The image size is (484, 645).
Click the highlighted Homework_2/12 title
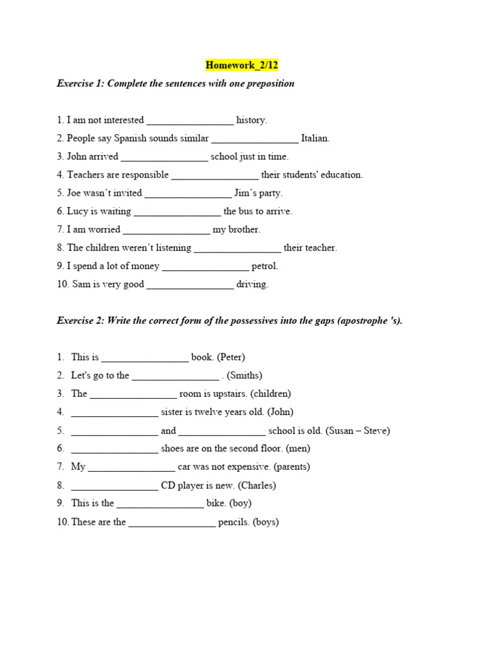tap(241, 65)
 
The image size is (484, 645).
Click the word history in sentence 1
tap(251, 120)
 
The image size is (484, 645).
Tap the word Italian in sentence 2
tap(315, 138)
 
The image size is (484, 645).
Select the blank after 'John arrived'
tap(164, 157)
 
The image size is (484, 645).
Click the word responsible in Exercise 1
tap(145, 174)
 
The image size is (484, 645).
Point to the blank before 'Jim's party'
tap(188, 193)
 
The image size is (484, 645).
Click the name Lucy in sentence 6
tap(78, 211)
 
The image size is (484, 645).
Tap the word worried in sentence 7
tap(104, 229)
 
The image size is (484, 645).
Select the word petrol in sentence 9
tap(265, 266)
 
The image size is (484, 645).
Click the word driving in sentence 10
tap(252, 284)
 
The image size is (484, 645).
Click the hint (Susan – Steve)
tap(358, 431)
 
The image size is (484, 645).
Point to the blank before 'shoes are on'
tap(115, 449)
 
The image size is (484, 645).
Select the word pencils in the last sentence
tap(234, 522)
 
